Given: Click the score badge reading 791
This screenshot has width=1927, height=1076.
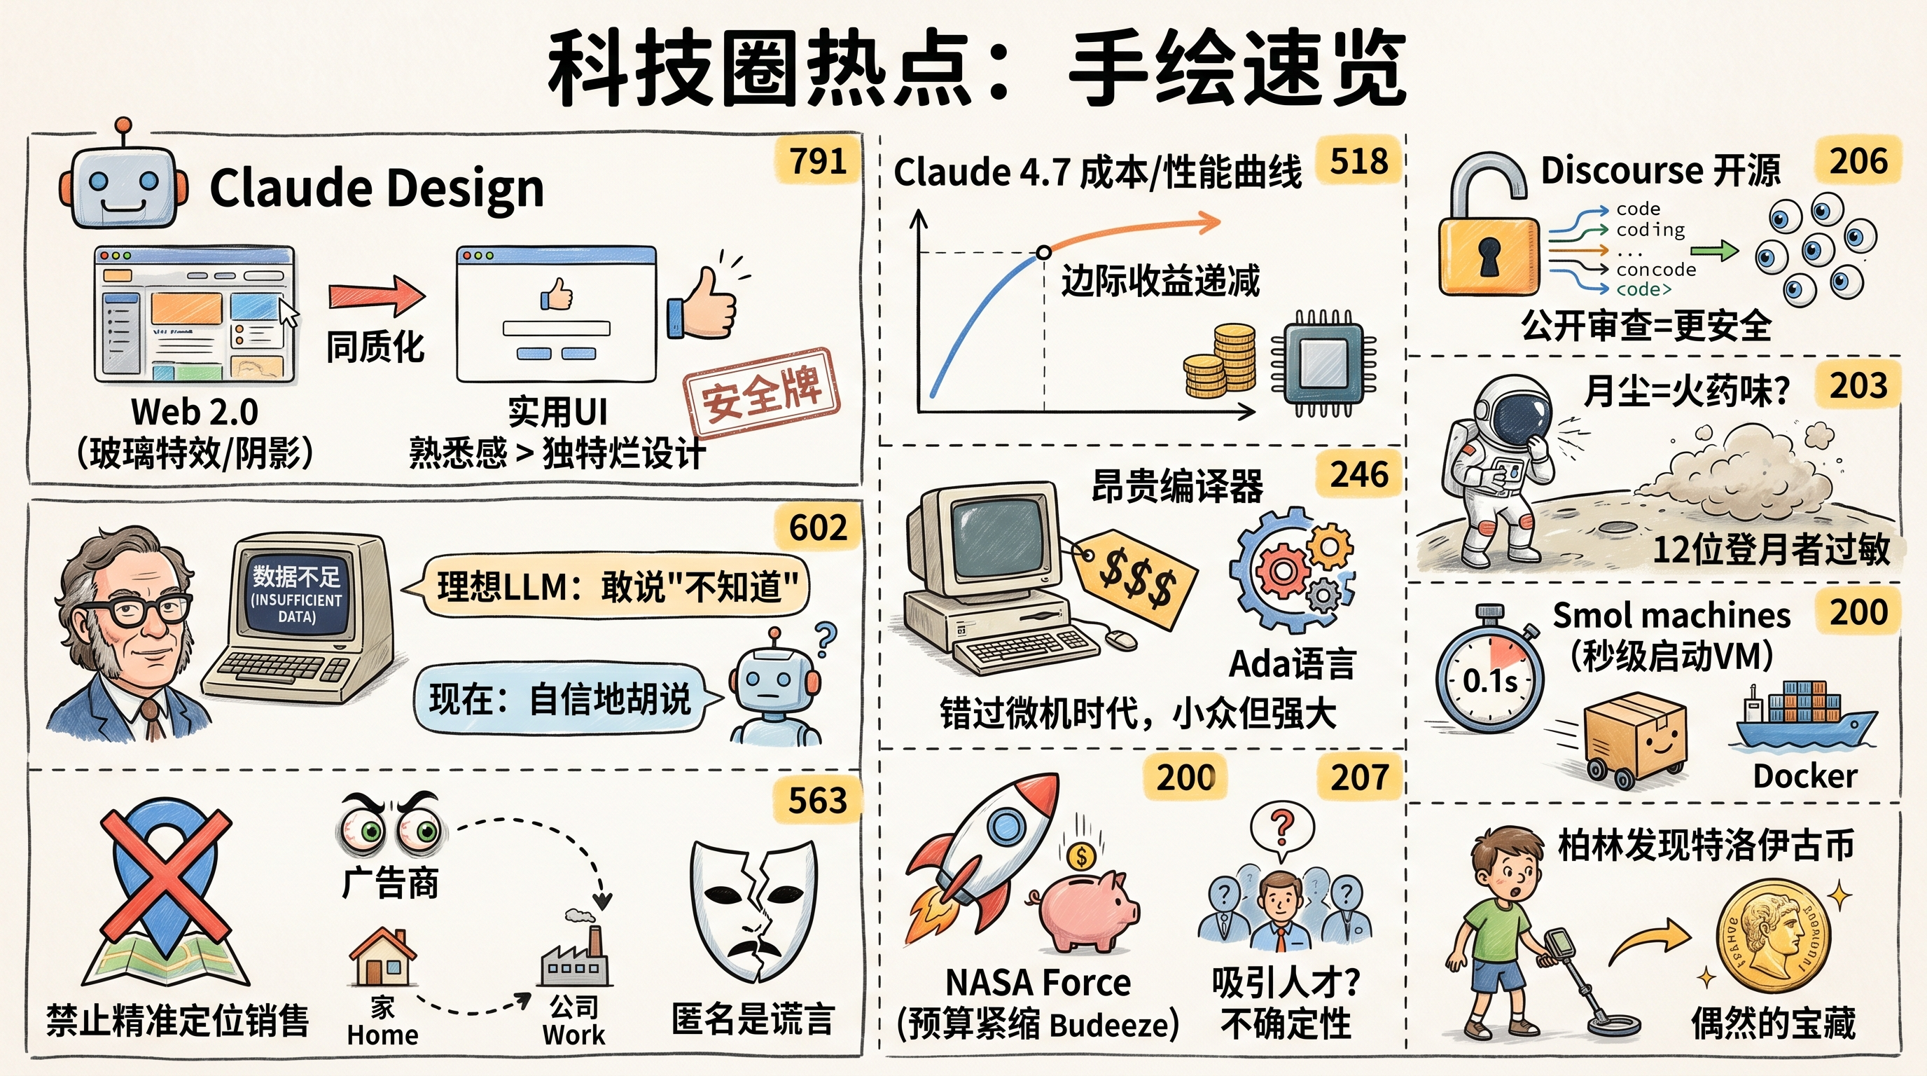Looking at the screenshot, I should [819, 160].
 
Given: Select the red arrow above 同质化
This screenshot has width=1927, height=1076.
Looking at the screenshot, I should [376, 295].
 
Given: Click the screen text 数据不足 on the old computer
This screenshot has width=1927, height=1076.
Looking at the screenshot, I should [296, 576].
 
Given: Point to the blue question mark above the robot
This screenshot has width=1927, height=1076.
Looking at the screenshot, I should [826, 637].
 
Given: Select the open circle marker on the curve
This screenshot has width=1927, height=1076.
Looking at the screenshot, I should [1043, 253].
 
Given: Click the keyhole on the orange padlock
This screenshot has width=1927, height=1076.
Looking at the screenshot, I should [1489, 256].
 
